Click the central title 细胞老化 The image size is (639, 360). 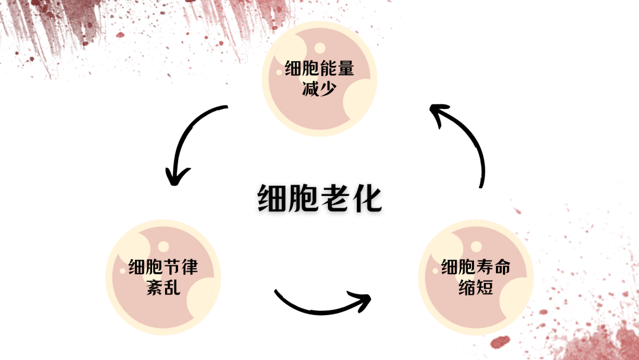pos(319,199)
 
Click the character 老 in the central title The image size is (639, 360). pos(334,199)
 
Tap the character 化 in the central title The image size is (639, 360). pos(367,199)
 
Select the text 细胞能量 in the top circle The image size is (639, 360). pos(319,69)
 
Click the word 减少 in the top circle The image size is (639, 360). pos(319,89)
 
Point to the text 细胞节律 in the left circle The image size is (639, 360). pos(163,267)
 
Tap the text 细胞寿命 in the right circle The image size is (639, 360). pos(476,267)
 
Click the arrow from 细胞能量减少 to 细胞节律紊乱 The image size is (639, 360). pos(188,139)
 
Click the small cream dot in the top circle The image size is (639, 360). pos(319,48)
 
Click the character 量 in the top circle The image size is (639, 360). pos(346,69)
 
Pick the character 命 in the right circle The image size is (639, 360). pos(502,267)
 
